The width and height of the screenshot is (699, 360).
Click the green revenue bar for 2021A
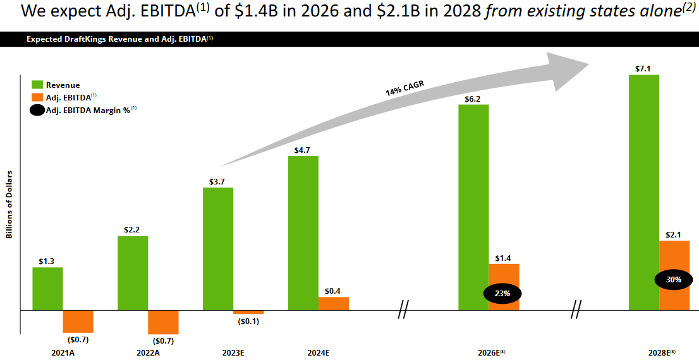[47, 289]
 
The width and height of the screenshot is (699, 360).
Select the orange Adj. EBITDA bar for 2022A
[163, 322]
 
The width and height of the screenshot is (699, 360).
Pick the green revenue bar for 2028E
[643, 192]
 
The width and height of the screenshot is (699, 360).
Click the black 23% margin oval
[504, 293]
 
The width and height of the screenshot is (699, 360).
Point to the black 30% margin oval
[674, 279]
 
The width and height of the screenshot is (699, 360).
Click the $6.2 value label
[473, 99]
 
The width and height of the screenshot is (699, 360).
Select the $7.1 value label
[643, 68]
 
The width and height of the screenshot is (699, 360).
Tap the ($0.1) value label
[248, 321]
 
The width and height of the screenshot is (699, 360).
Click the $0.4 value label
[333, 291]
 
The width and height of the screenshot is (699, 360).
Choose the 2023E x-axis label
[233, 352]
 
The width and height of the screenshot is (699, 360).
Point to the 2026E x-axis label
[490, 352]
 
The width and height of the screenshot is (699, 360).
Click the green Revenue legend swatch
[37, 85]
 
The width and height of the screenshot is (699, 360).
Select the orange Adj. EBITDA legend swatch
[37, 97]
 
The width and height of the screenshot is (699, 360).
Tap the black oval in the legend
[37, 110]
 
